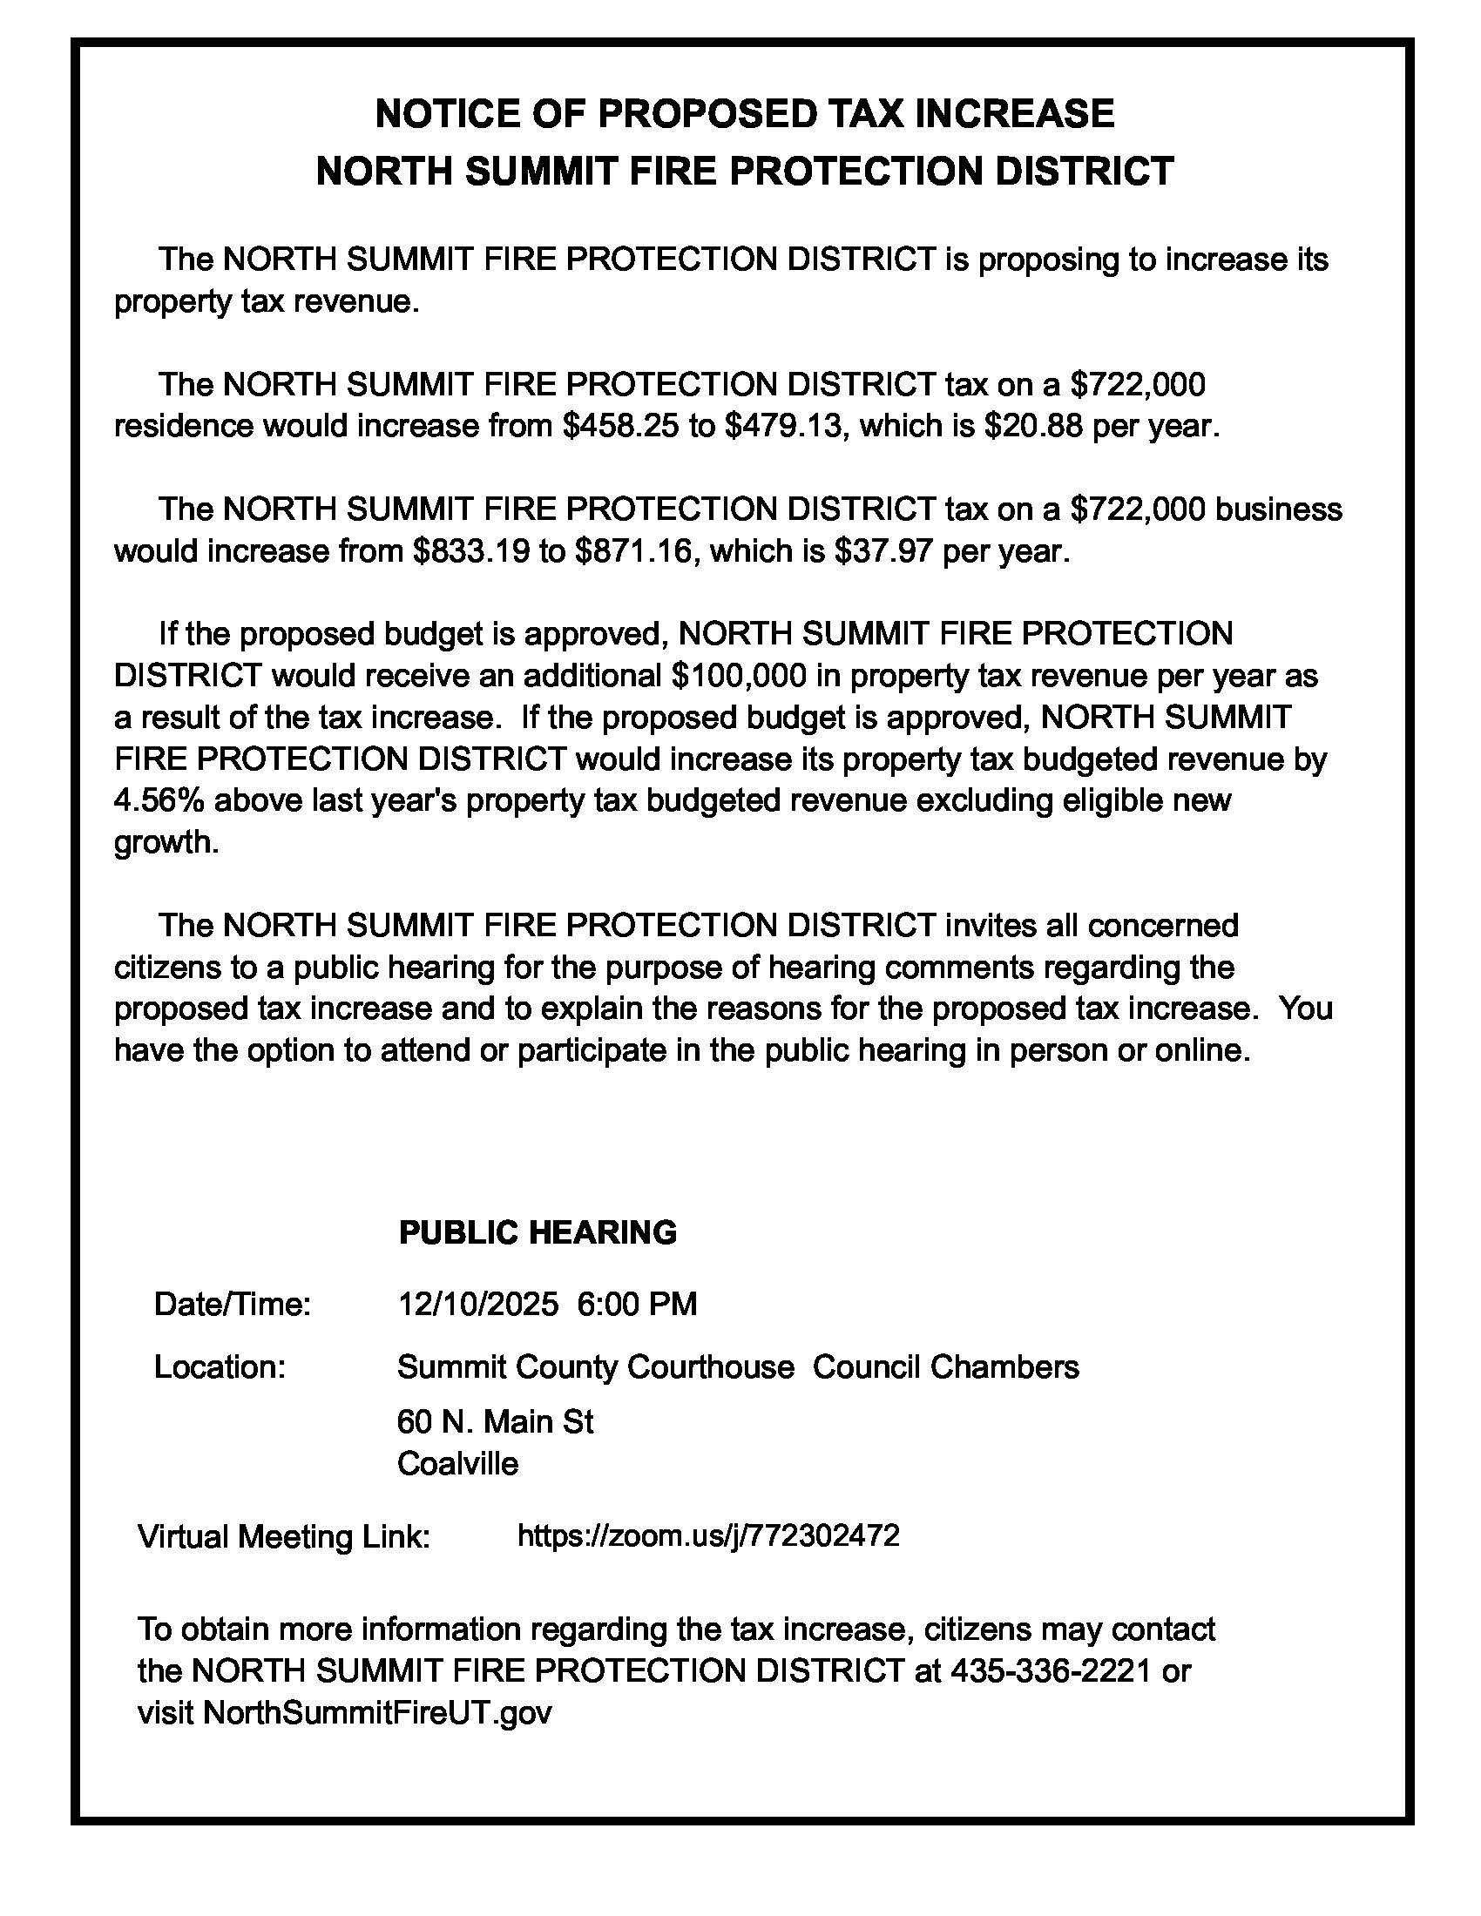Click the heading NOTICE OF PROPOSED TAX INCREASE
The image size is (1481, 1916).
click(744, 114)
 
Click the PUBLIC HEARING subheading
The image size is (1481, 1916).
click(538, 1233)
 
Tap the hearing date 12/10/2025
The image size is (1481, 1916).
click(478, 1305)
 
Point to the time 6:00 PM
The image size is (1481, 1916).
click(637, 1305)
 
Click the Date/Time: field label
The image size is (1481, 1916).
click(233, 1305)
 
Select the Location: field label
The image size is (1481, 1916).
click(220, 1367)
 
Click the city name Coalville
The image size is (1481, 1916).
click(458, 1464)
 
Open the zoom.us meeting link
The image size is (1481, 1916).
click(709, 1535)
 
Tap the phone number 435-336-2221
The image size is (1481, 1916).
click(1051, 1671)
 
